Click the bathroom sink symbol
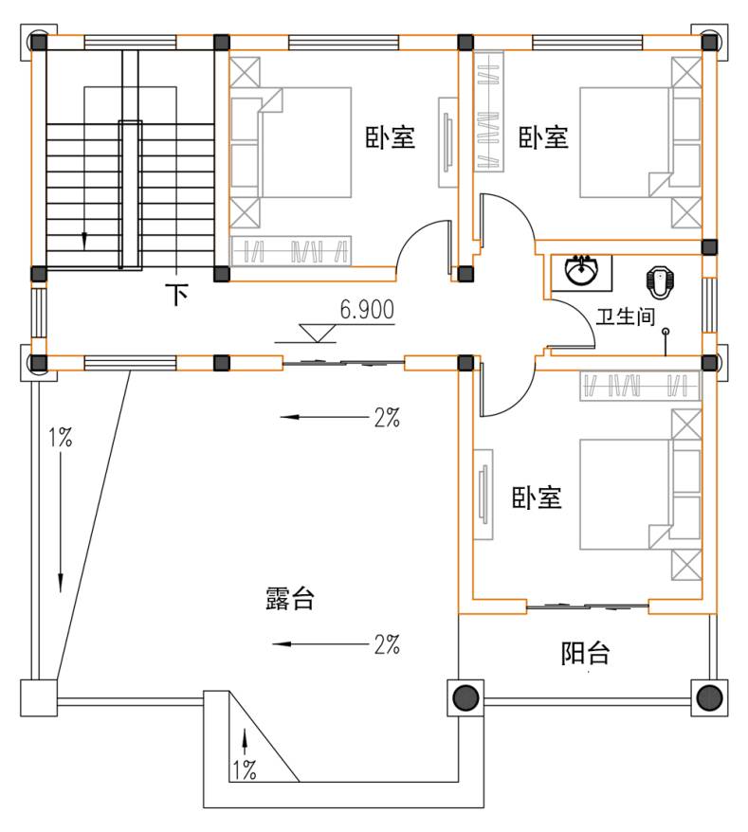coord(581,271)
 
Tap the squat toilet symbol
coord(659,281)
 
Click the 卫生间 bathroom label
coord(626,317)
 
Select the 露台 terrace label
coord(290,598)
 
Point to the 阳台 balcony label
coord(586,653)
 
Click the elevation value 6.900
coord(367,310)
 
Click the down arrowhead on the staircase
coord(83,242)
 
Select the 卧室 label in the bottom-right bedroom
coord(537,497)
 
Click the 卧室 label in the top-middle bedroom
coord(390,136)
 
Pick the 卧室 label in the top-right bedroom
coord(543,136)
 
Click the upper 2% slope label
coord(387,418)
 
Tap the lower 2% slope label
coord(387,644)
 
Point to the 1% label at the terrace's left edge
coord(61,438)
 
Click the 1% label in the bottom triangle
coord(245,769)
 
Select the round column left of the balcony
coord(465,697)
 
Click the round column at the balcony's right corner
coord(709,697)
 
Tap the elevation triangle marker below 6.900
coord(318,334)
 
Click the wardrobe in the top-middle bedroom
coord(291,250)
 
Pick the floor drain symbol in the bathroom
coord(666,333)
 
